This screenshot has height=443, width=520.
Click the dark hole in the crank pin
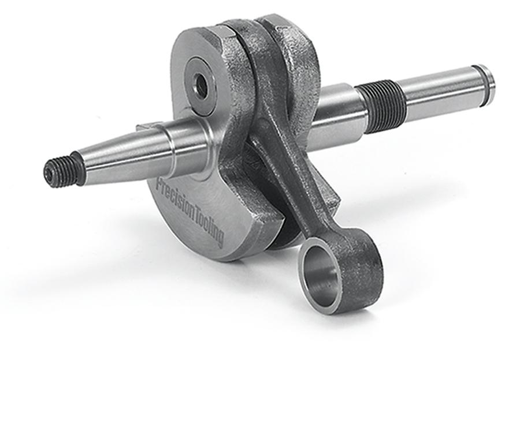201,87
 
